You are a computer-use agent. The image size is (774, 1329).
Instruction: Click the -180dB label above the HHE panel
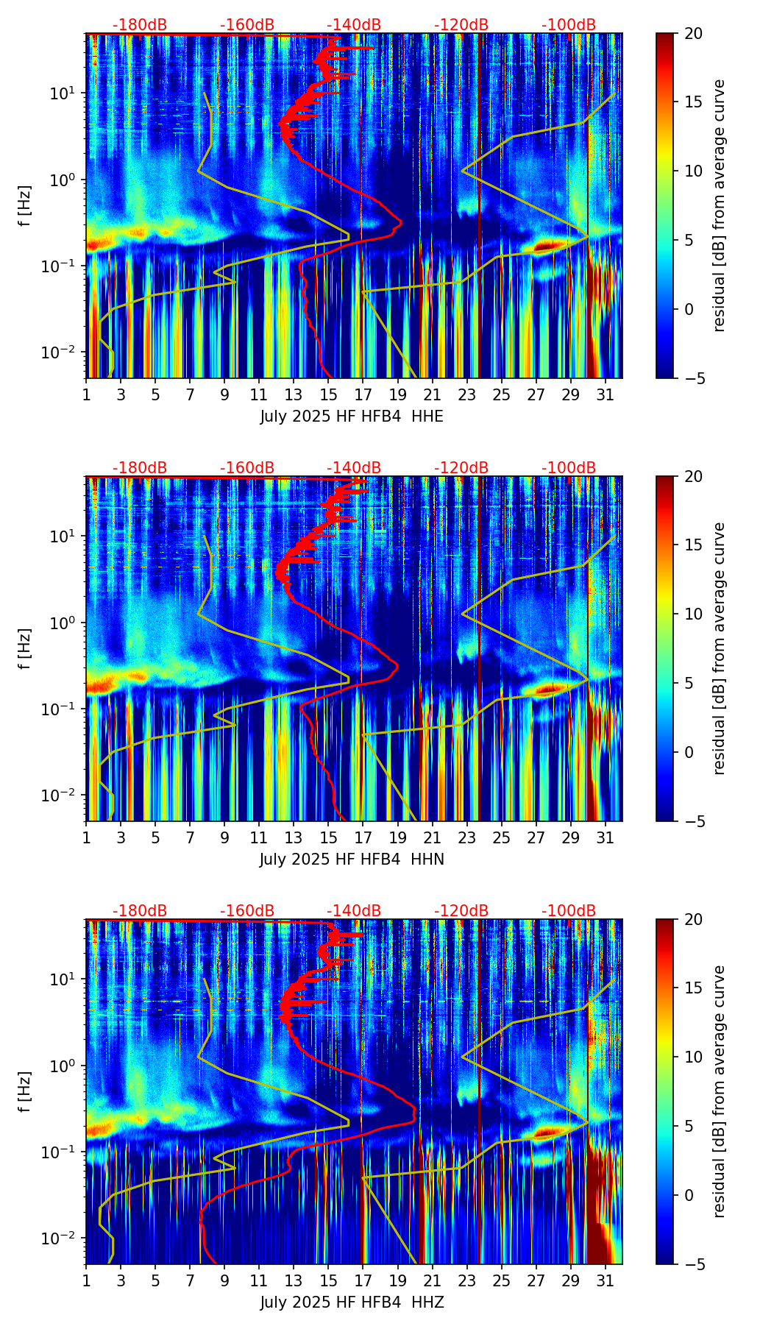pos(140,25)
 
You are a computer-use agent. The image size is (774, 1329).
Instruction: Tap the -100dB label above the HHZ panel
pos(569,911)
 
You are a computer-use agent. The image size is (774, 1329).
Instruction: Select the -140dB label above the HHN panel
pos(354,468)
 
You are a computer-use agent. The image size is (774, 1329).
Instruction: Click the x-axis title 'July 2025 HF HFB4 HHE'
pos(352,417)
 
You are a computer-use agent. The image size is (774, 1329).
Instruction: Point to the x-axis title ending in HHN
pos(352,860)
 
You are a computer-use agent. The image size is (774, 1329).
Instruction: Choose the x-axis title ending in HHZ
pos(352,1303)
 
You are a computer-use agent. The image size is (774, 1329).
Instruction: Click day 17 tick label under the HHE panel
pos(363,394)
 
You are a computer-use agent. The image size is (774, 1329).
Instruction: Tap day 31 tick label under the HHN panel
pos(605,837)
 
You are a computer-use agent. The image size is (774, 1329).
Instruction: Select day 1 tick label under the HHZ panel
pos(86,1280)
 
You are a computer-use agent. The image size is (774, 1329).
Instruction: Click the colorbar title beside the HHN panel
pos(720,648)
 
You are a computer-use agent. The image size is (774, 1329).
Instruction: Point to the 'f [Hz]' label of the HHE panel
pos(25,205)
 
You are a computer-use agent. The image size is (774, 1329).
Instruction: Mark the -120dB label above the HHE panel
pos(461,25)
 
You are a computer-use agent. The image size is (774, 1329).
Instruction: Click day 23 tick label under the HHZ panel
pos(466,1280)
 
